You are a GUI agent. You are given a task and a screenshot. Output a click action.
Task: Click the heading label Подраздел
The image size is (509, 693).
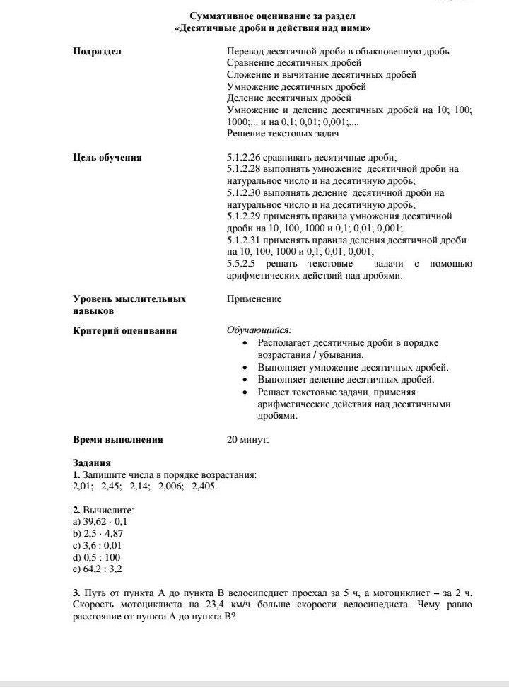tap(98, 52)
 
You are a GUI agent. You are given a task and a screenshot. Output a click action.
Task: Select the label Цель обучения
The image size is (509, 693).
tap(107, 157)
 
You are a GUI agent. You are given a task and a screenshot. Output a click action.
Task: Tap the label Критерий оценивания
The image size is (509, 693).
tap(125, 330)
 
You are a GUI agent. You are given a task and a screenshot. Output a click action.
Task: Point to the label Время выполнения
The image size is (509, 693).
tap(118, 439)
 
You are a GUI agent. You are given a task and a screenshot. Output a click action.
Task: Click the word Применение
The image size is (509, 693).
tap(254, 299)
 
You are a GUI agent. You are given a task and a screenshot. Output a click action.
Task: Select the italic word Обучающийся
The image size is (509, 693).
tap(258, 330)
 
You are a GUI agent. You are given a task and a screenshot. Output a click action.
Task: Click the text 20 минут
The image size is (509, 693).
tap(247, 439)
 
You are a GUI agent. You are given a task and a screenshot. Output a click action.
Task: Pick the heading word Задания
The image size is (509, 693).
tap(92, 463)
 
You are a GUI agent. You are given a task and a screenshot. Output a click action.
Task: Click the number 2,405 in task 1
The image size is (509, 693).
tap(204, 487)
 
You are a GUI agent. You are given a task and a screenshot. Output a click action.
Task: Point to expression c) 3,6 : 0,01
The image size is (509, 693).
tap(98, 545)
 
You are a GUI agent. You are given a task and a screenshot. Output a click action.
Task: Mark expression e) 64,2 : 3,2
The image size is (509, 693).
tap(98, 569)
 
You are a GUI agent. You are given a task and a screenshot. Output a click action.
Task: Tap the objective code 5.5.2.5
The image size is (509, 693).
tap(242, 264)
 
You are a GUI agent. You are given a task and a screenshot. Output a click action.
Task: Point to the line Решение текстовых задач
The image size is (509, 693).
tap(283, 134)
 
